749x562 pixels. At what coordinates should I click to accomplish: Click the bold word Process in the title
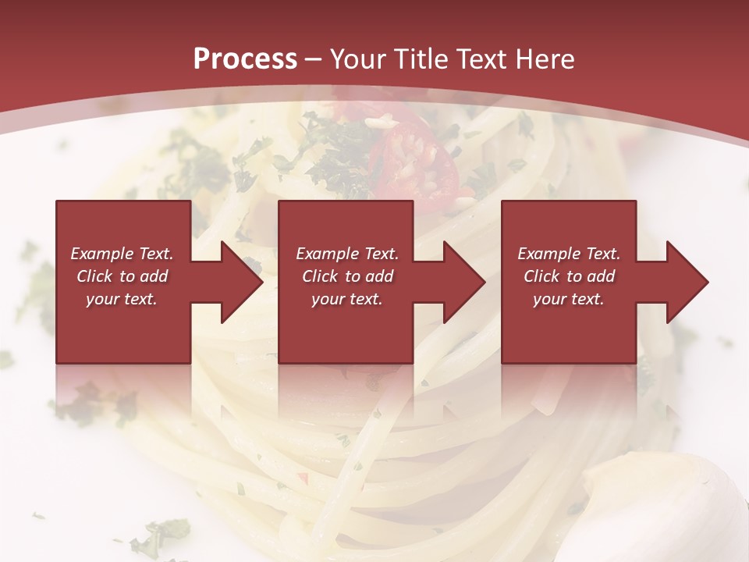click(245, 59)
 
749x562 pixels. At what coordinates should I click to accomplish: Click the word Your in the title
click(358, 59)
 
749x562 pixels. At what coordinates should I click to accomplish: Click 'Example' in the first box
click(101, 254)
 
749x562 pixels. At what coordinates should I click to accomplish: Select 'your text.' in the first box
click(122, 299)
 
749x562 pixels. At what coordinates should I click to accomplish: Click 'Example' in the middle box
click(326, 254)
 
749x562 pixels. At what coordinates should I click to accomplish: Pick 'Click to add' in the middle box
click(347, 276)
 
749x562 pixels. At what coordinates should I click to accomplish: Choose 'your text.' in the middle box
click(347, 299)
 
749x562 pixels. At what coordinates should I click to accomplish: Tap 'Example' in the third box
click(548, 254)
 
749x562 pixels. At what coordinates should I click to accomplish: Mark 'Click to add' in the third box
click(569, 276)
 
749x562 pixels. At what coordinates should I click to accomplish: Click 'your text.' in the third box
click(569, 299)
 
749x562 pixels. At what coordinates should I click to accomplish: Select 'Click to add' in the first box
click(122, 276)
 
